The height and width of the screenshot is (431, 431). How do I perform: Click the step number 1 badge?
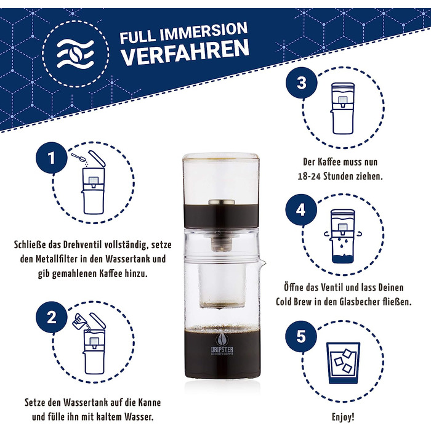52,159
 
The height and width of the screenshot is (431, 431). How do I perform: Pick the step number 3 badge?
302,84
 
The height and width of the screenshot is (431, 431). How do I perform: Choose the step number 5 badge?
302,336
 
